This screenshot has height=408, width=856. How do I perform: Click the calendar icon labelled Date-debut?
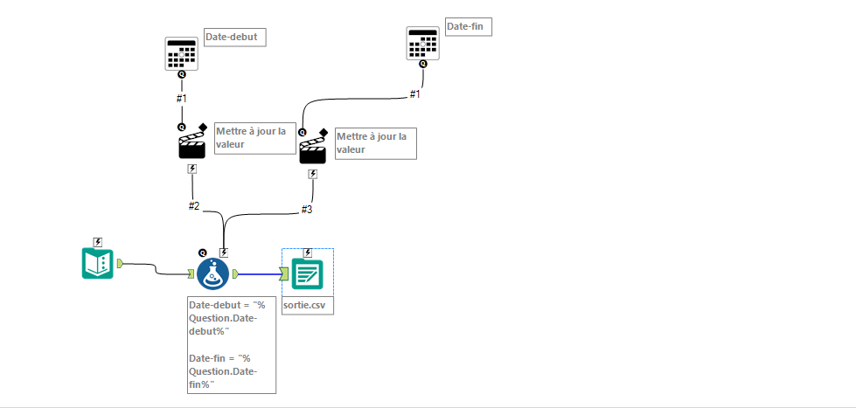(182, 53)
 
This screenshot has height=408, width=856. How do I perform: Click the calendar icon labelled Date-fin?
(422, 42)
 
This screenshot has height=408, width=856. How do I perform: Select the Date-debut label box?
(234, 37)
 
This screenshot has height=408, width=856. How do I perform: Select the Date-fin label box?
(469, 27)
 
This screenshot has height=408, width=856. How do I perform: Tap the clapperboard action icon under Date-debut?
(192, 144)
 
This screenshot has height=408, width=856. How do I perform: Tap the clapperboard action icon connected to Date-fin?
(313, 150)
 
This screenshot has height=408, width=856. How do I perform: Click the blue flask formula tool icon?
(212, 273)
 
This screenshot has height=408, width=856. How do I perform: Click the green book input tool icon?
(98, 263)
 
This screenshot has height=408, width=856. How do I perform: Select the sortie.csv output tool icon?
(308, 276)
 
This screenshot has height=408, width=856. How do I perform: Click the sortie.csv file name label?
(307, 305)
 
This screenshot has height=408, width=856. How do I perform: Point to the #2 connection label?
(194, 206)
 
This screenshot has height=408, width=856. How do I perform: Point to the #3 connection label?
(307, 209)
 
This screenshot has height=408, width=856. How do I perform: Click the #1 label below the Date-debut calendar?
(182, 97)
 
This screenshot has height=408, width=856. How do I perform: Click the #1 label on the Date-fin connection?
(415, 93)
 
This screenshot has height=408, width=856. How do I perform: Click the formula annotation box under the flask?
(232, 345)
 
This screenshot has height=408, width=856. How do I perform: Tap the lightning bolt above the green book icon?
(98, 242)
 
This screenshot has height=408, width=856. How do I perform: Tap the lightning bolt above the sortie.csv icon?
(308, 252)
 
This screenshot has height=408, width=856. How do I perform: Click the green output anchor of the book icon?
(120, 262)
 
